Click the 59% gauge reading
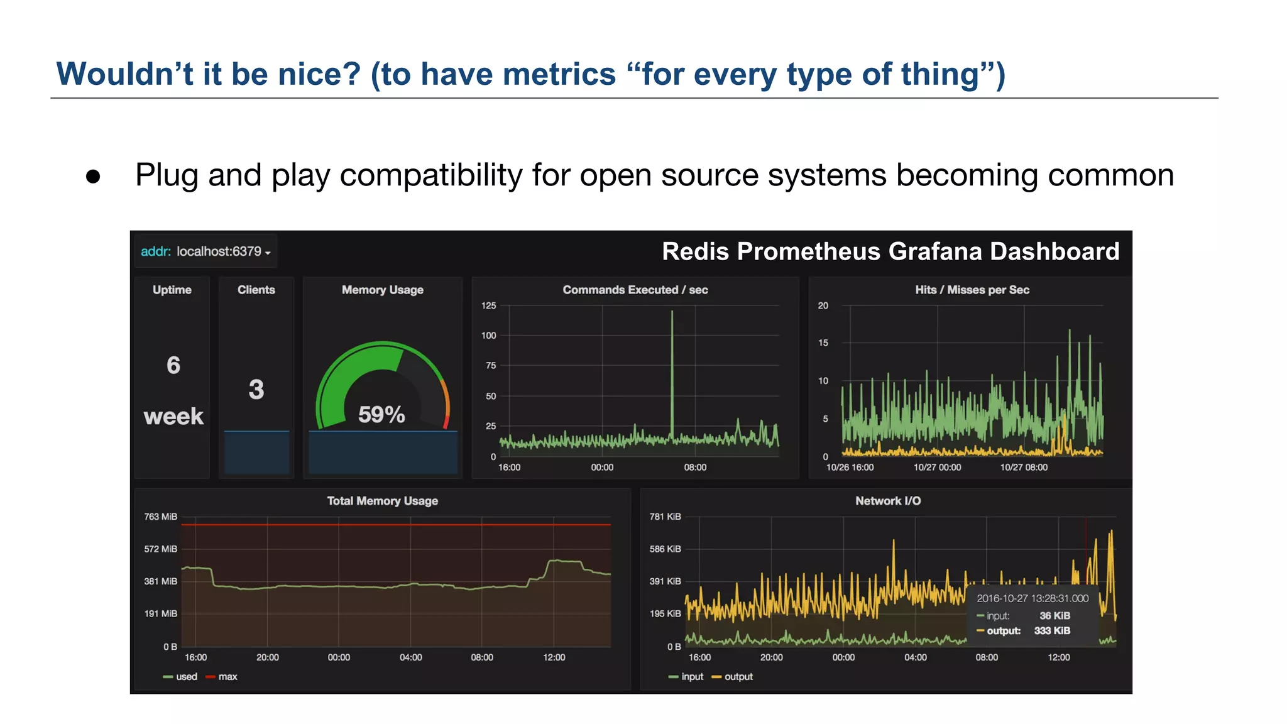(381, 415)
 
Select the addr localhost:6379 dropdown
(205, 251)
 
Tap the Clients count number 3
(256, 390)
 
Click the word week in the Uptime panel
(173, 416)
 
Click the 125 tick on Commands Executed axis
(488, 305)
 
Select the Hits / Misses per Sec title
(972, 290)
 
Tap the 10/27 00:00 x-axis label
(937, 467)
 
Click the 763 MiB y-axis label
(160, 517)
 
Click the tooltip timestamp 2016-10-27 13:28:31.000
(1032, 598)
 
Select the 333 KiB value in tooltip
(1052, 630)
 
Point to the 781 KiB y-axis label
(665, 517)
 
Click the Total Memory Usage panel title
(382, 501)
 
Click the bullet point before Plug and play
(93, 177)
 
